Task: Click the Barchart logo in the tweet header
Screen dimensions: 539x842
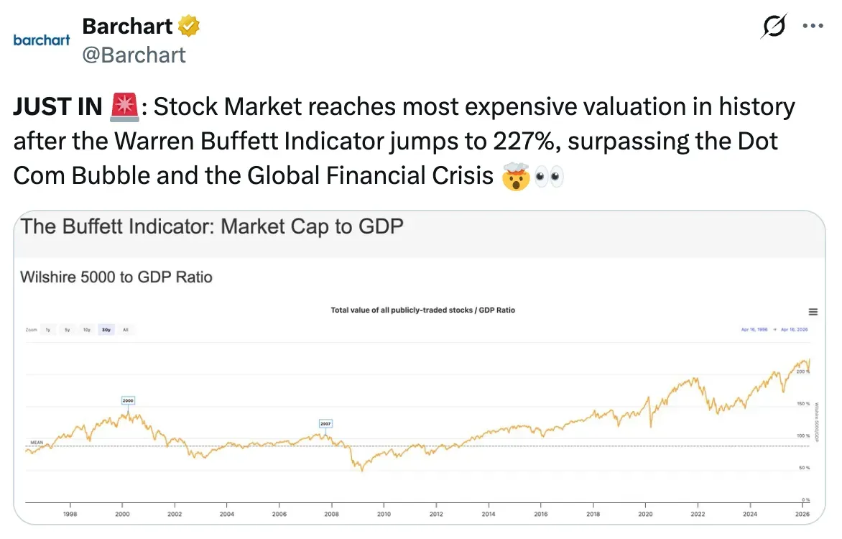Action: pos(42,40)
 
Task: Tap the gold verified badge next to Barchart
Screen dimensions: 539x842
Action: pos(189,27)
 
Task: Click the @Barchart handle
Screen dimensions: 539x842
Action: pos(134,55)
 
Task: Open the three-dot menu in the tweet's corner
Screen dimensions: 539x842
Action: pos(812,27)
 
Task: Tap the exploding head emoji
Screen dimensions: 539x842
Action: pos(514,176)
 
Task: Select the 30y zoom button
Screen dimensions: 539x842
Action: pos(106,330)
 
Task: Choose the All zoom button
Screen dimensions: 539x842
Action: pos(125,330)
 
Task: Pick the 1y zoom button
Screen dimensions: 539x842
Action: pos(48,330)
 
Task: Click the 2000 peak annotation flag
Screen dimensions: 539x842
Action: pos(128,400)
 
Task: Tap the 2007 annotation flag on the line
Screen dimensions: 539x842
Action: pos(325,423)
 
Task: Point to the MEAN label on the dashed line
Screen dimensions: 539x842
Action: pos(37,441)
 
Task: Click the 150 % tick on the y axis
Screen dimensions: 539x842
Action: pos(803,404)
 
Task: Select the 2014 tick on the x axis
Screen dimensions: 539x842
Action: pos(489,514)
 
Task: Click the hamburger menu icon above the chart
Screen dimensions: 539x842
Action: pos(813,312)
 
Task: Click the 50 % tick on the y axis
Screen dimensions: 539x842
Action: pos(804,468)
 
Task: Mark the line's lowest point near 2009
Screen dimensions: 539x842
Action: pos(362,471)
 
